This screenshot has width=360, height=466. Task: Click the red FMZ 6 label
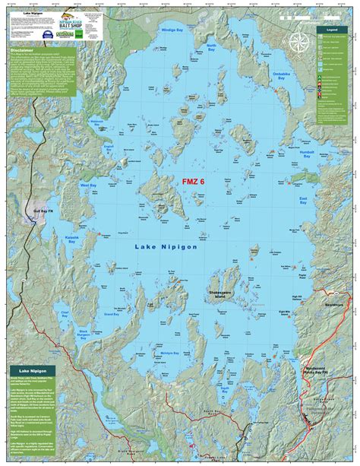pos(193,182)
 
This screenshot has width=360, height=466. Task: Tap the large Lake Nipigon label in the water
pos(166,246)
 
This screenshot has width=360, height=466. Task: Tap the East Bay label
pos(302,201)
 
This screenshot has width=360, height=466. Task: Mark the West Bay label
pos(89,185)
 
